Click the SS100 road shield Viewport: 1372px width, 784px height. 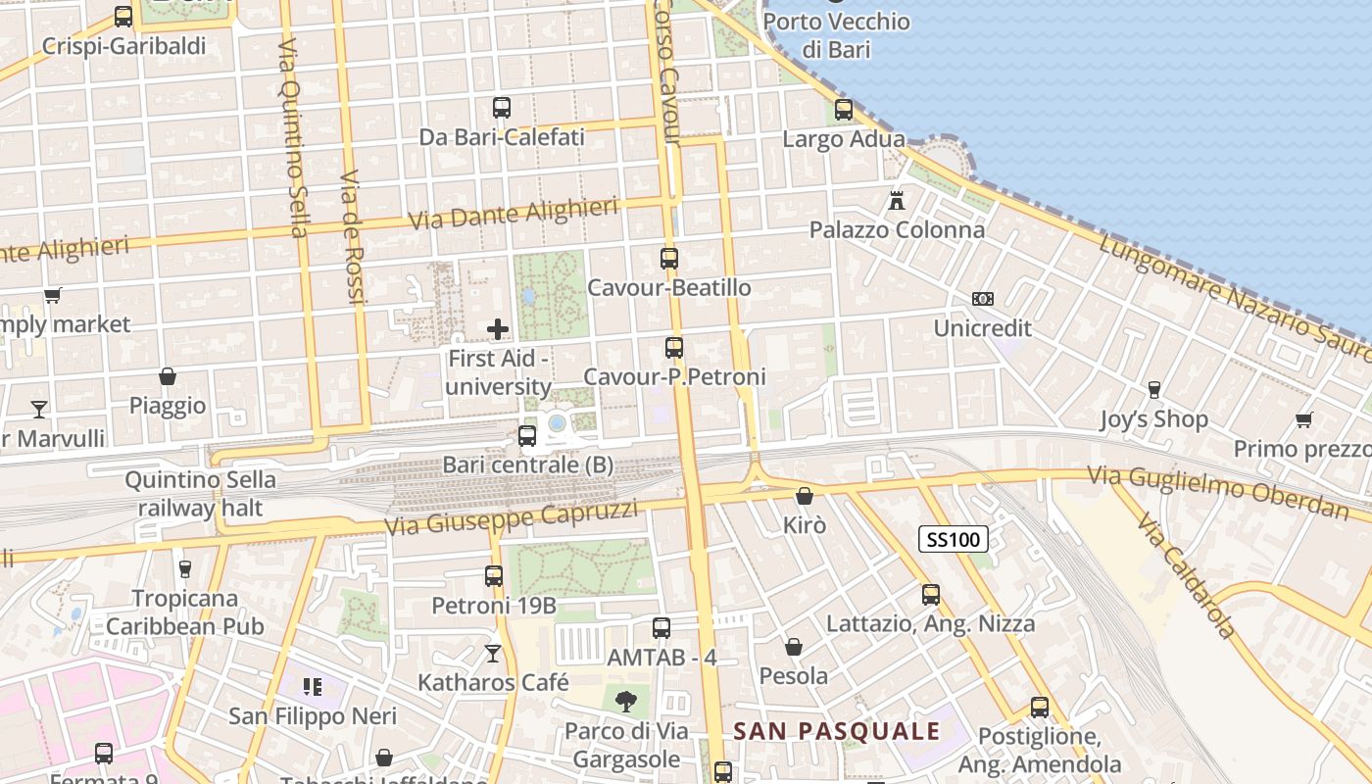tap(953, 538)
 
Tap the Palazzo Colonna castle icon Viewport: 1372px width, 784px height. tap(896, 201)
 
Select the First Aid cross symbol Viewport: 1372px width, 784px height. tap(498, 329)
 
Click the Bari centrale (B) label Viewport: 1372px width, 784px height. tap(528, 465)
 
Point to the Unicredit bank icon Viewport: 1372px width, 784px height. tap(982, 299)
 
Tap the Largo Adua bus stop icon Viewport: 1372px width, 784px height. tap(844, 110)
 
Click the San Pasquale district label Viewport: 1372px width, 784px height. tap(836, 731)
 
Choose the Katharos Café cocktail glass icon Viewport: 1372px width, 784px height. tap(493, 653)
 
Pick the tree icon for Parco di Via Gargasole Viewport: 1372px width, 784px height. tap(625, 701)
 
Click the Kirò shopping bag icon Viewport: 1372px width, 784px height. tap(805, 497)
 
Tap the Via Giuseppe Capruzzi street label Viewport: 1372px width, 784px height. tap(511, 517)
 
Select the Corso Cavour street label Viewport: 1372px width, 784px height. tap(668, 78)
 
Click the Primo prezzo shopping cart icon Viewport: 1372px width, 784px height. tap(1303, 420)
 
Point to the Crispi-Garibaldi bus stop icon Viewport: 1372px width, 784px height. tap(123, 17)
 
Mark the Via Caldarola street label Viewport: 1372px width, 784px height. tap(1186, 573)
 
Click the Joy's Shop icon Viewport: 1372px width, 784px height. tap(1154, 390)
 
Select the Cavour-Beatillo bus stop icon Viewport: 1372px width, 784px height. tap(669, 259)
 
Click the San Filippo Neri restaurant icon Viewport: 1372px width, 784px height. tap(313, 687)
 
